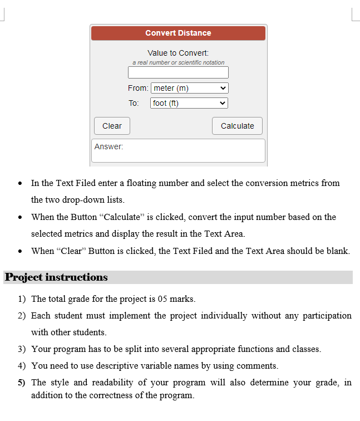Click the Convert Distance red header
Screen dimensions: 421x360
click(178, 33)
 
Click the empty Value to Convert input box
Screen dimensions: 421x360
click(178, 73)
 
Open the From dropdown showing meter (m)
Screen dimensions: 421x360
click(190, 88)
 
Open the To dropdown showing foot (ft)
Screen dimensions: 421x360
click(189, 103)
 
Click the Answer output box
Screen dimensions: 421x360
click(178, 151)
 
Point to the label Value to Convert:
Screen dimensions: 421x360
click(178, 53)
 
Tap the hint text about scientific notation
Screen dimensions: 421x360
click(178, 62)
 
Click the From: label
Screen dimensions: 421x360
click(137, 88)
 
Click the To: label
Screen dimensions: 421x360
click(134, 103)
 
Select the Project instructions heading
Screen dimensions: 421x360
click(56, 277)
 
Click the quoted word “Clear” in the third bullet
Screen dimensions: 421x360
click(71, 251)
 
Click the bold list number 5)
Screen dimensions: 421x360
click(21, 383)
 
